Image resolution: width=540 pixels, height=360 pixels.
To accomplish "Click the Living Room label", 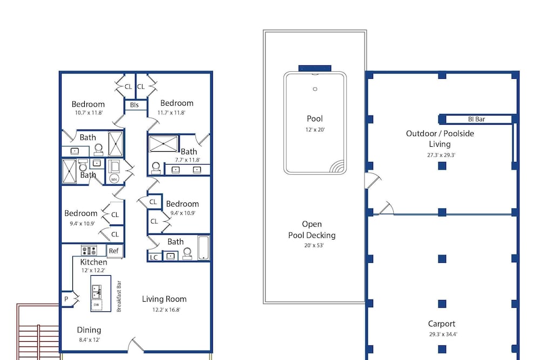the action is click(164, 299).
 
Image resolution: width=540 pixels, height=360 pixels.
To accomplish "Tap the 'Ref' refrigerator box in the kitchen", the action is click(114, 251).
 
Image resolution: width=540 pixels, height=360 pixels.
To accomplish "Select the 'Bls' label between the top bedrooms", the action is click(134, 105).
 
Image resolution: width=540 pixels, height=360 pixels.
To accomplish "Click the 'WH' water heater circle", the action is click(114, 179).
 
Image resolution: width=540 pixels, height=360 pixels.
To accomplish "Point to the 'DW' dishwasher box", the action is click(97, 305).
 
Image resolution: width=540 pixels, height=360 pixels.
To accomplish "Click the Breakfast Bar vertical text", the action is click(119, 297).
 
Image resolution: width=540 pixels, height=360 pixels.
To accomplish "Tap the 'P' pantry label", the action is click(66, 299).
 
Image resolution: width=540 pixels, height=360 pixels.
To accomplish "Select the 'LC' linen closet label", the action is click(154, 257).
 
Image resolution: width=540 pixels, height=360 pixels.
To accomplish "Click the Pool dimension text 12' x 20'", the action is click(315, 130).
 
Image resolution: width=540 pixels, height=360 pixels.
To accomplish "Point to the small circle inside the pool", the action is click(315, 89).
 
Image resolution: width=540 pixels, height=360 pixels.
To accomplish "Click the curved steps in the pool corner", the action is click(337, 166).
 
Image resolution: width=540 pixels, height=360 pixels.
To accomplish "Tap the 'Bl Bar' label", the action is click(476, 119).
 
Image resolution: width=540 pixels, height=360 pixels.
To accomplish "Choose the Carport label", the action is click(442, 324).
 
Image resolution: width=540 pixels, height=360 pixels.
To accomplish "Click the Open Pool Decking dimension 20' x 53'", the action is click(314, 246).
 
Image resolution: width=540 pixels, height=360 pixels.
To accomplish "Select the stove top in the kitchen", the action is click(89, 250).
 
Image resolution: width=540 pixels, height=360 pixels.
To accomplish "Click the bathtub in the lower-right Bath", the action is click(204, 248).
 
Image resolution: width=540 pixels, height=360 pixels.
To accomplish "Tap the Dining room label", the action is click(89, 330).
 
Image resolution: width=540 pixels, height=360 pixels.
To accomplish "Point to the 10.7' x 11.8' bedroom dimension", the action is click(89, 113).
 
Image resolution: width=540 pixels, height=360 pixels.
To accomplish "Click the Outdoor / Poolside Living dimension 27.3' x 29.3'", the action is click(441, 155).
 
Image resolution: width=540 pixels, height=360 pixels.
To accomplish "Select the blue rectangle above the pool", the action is click(315, 68).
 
